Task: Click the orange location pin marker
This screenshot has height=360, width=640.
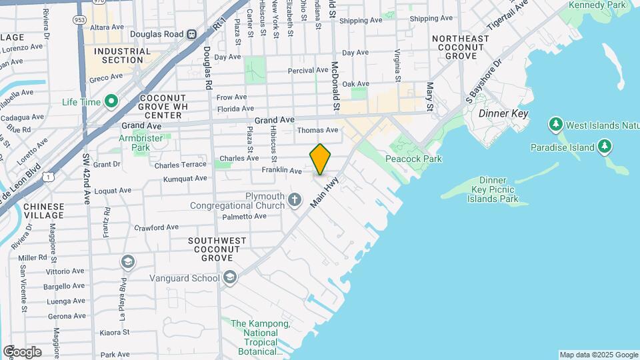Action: pyautogui.click(x=320, y=159)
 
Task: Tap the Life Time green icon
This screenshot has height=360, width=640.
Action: pyautogui.click(x=111, y=102)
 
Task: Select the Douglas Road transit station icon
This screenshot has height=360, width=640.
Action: pyautogui.click(x=191, y=34)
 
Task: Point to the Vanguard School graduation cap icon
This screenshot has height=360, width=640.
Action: pyautogui.click(x=229, y=277)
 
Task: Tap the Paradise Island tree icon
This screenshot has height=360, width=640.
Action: pyautogui.click(x=604, y=146)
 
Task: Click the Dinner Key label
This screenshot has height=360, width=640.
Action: pyautogui.click(x=503, y=114)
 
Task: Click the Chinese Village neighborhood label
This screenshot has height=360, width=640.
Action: pyautogui.click(x=44, y=211)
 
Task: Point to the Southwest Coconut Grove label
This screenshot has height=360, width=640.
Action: pyautogui.click(x=217, y=249)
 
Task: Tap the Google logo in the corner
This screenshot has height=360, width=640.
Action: pyautogui.click(x=22, y=351)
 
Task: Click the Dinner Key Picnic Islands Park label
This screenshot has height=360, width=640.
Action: pyautogui.click(x=493, y=189)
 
